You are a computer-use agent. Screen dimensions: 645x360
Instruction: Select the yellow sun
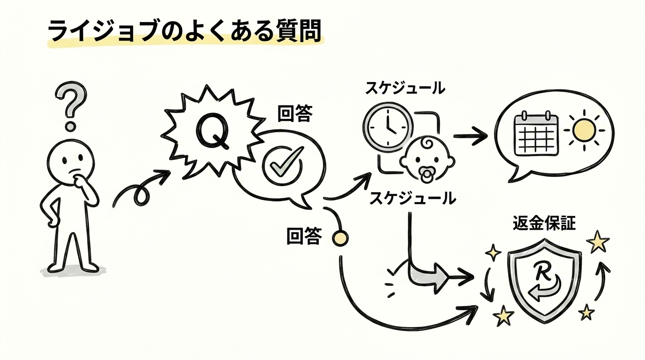click(584, 129)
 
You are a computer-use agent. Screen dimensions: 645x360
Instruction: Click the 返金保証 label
click(544, 224)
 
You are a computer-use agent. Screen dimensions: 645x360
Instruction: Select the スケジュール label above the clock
click(405, 88)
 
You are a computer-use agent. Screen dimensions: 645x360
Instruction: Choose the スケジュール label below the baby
click(412, 198)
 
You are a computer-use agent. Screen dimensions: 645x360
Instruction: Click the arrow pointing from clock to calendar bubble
click(470, 136)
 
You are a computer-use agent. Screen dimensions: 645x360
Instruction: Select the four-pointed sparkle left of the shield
click(493, 253)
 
